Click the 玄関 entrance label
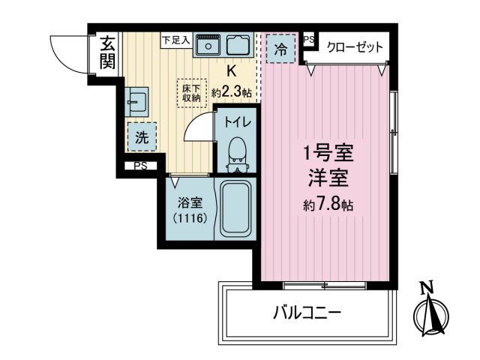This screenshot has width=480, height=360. [x=108, y=52]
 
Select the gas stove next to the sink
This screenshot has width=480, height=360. [x=239, y=47]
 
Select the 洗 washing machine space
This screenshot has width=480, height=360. [x=141, y=137]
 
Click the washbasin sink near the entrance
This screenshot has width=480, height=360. [x=136, y=100]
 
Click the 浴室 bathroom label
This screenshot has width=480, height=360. [x=190, y=202]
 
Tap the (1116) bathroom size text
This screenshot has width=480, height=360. [x=190, y=219]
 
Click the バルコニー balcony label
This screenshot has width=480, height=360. [x=306, y=311]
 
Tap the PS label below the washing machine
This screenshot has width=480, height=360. [x=140, y=167]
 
